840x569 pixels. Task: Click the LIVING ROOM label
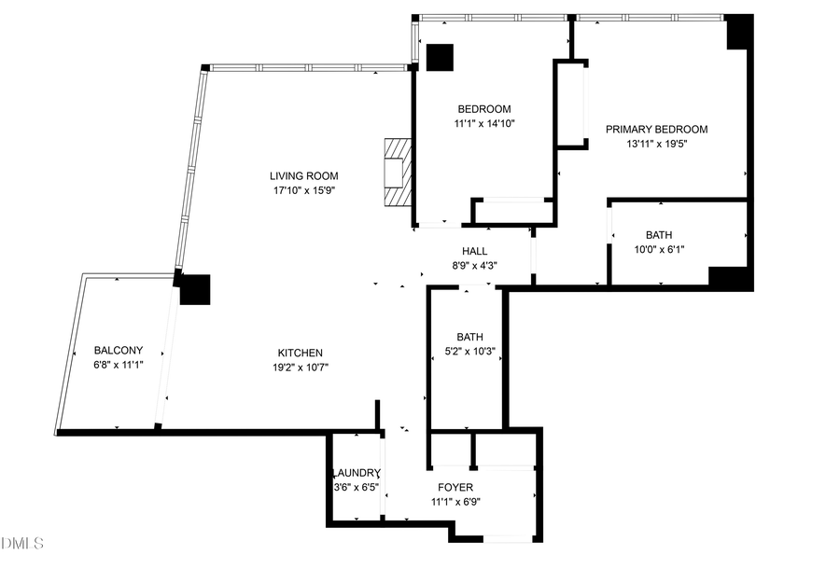pyautogui.click(x=303, y=175)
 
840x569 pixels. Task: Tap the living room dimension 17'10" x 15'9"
pyautogui.click(x=303, y=190)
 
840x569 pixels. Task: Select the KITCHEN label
pyautogui.click(x=300, y=353)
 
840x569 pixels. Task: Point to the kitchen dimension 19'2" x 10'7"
pyautogui.click(x=300, y=368)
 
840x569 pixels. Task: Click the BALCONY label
pyautogui.click(x=119, y=351)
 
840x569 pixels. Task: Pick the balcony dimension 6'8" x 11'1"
pyautogui.click(x=119, y=366)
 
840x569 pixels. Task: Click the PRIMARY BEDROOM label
pyautogui.click(x=656, y=130)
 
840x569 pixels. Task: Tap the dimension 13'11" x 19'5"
pyautogui.click(x=656, y=145)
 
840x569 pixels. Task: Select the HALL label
pyautogui.click(x=474, y=251)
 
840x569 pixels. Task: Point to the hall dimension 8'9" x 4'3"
pyautogui.click(x=474, y=266)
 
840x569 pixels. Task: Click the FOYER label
pyautogui.click(x=455, y=488)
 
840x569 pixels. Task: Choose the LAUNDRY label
pyautogui.click(x=357, y=473)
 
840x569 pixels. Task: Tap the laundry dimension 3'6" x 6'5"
pyautogui.click(x=357, y=487)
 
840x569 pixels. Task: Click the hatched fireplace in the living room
pyautogui.click(x=398, y=173)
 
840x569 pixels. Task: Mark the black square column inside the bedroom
pyautogui.click(x=440, y=58)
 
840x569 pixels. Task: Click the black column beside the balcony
pyautogui.click(x=196, y=289)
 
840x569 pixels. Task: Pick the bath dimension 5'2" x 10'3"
pyautogui.click(x=469, y=353)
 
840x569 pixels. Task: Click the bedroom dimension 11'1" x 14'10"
pyautogui.click(x=484, y=123)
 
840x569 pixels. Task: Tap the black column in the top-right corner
pyautogui.click(x=739, y=33)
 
